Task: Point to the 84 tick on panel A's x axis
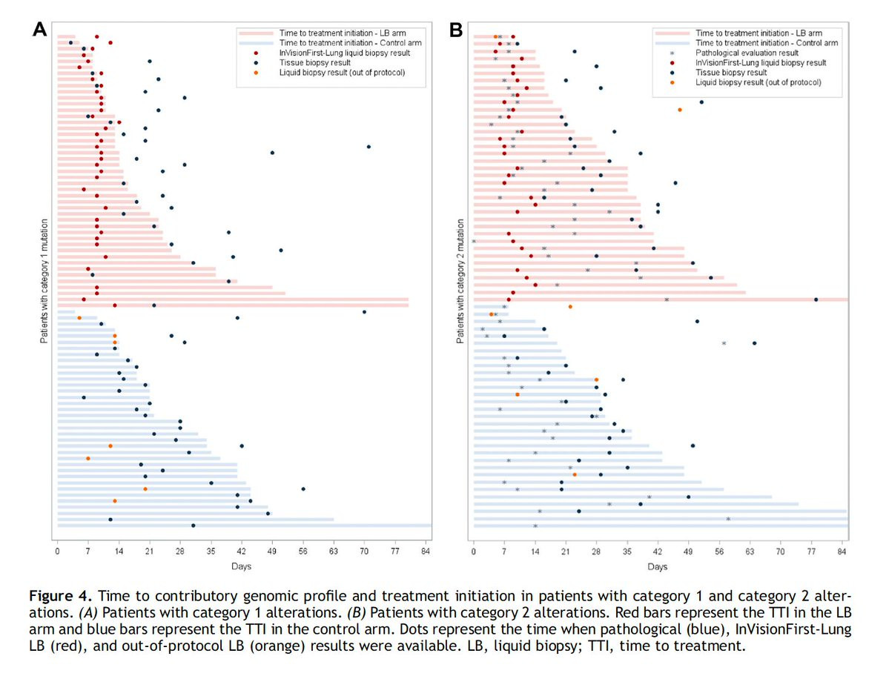tap(426, 552)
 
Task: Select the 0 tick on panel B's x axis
tap(474, 552)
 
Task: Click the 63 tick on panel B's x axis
tap(750, 552)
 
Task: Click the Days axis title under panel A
tap(242, 567)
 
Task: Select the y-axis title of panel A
tap(45, 280)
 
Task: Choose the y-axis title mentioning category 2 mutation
tap(461, 280)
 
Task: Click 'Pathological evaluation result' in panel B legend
tap(747, 53)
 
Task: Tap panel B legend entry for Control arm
tap(767, 43)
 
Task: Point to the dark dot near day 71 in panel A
tap(369, 147)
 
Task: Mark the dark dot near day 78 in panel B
tap(816, 299)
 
